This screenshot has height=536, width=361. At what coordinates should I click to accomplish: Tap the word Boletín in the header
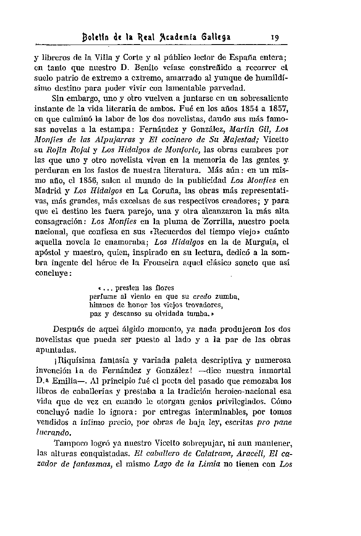click(x=96, y=37)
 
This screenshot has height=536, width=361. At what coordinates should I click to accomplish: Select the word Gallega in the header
click(x=216, y=37)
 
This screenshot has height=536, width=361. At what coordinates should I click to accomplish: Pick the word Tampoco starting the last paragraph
click(x=71, y=443)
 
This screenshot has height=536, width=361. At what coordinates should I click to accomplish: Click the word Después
click(x=68, y=329)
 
